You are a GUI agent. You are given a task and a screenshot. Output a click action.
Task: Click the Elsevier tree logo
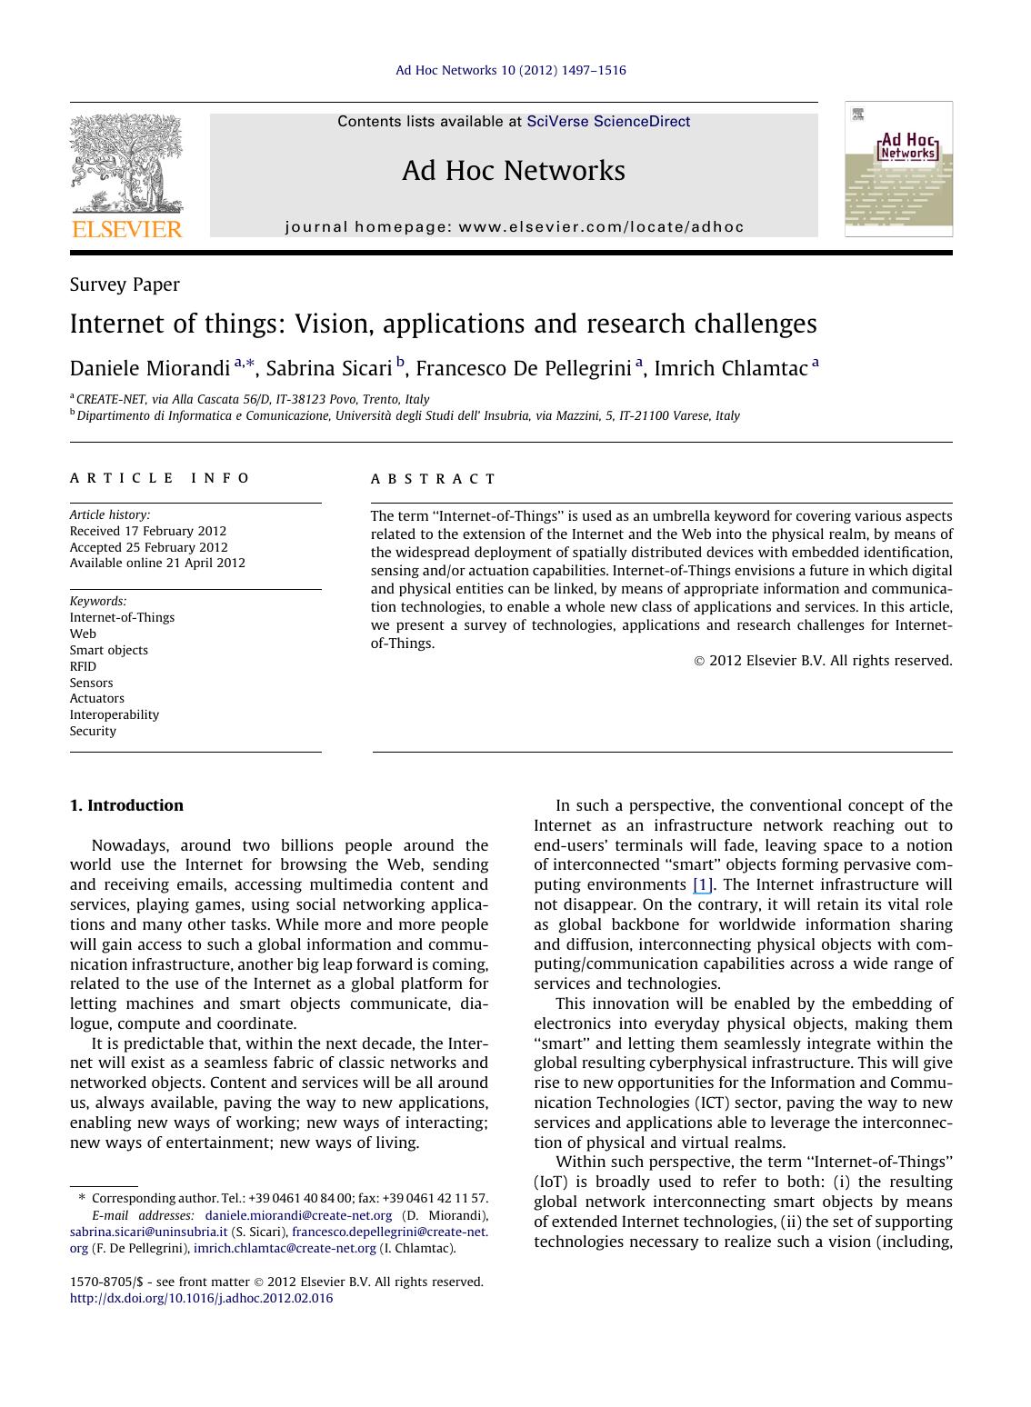tap(126, 164)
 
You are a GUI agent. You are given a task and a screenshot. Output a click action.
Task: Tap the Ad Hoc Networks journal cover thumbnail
tap(898, 169)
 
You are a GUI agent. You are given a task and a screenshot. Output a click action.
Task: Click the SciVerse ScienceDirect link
tap(608, 122)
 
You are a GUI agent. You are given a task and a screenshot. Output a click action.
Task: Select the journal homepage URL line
tap(515, 227)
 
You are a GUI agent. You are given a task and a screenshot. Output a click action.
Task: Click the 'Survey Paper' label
tap(125, 284)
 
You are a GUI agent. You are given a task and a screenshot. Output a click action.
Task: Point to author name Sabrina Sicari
tap(328, 368)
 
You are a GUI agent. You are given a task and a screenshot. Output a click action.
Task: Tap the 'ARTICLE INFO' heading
tap(160, 478)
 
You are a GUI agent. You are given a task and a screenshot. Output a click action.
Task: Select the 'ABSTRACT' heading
tap(433, 479)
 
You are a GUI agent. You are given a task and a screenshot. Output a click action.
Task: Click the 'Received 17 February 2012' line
tap(148, 531)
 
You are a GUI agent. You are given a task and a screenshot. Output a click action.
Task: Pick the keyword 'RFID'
tap(83, 666)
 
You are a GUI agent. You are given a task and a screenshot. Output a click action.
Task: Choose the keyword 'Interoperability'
tap(115, 714)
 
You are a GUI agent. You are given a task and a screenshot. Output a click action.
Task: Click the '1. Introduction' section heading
tap(126, 805)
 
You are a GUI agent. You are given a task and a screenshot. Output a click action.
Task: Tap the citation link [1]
tap(702, 885)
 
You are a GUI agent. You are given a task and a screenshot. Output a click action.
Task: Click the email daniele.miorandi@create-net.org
tap(298, 1215)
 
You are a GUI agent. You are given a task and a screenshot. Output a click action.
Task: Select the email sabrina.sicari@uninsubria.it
tap(148, 1232)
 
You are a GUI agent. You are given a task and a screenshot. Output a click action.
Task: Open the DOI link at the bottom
tap(201, 1298)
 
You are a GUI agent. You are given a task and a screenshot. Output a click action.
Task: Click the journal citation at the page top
tap(510, 70)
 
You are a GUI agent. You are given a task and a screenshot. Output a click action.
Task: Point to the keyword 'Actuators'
tap(97, 698)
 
